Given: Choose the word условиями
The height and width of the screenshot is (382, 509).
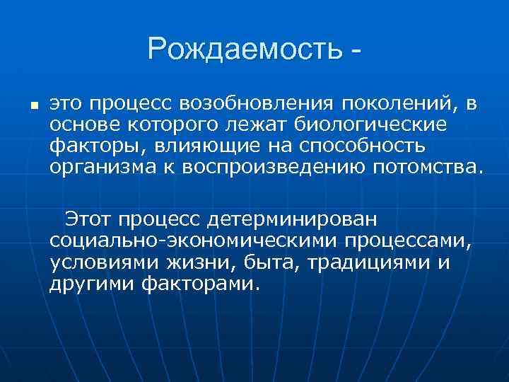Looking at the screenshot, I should tap(107, 262).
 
